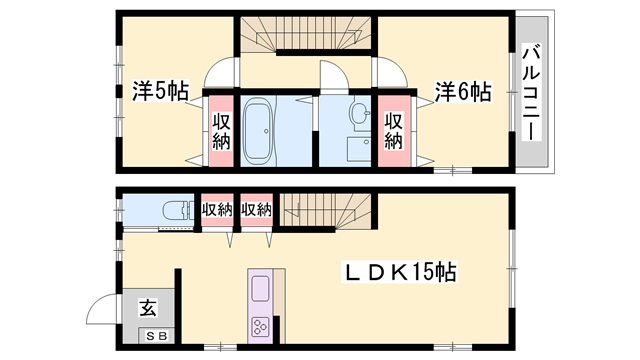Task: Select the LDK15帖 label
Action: (402, 272)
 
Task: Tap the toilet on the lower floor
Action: (172, 210)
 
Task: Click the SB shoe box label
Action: (158, 337)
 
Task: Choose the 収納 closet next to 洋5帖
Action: (220, 131)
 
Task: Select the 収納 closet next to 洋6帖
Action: (393, 131)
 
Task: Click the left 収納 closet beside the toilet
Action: (217, 210)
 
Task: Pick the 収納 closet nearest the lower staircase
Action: (256, 210)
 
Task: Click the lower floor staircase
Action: (325, 209)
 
